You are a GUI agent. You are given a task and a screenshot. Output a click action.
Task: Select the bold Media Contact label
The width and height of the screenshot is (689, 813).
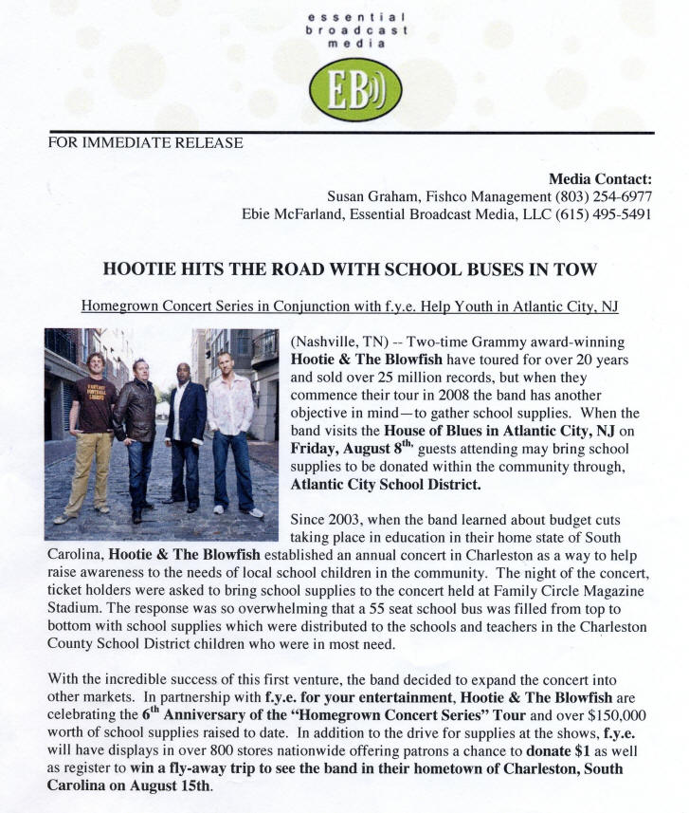click(x=601, y=179)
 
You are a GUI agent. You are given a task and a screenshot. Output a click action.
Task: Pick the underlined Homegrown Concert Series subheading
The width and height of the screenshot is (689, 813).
click(x=349, y=306)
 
